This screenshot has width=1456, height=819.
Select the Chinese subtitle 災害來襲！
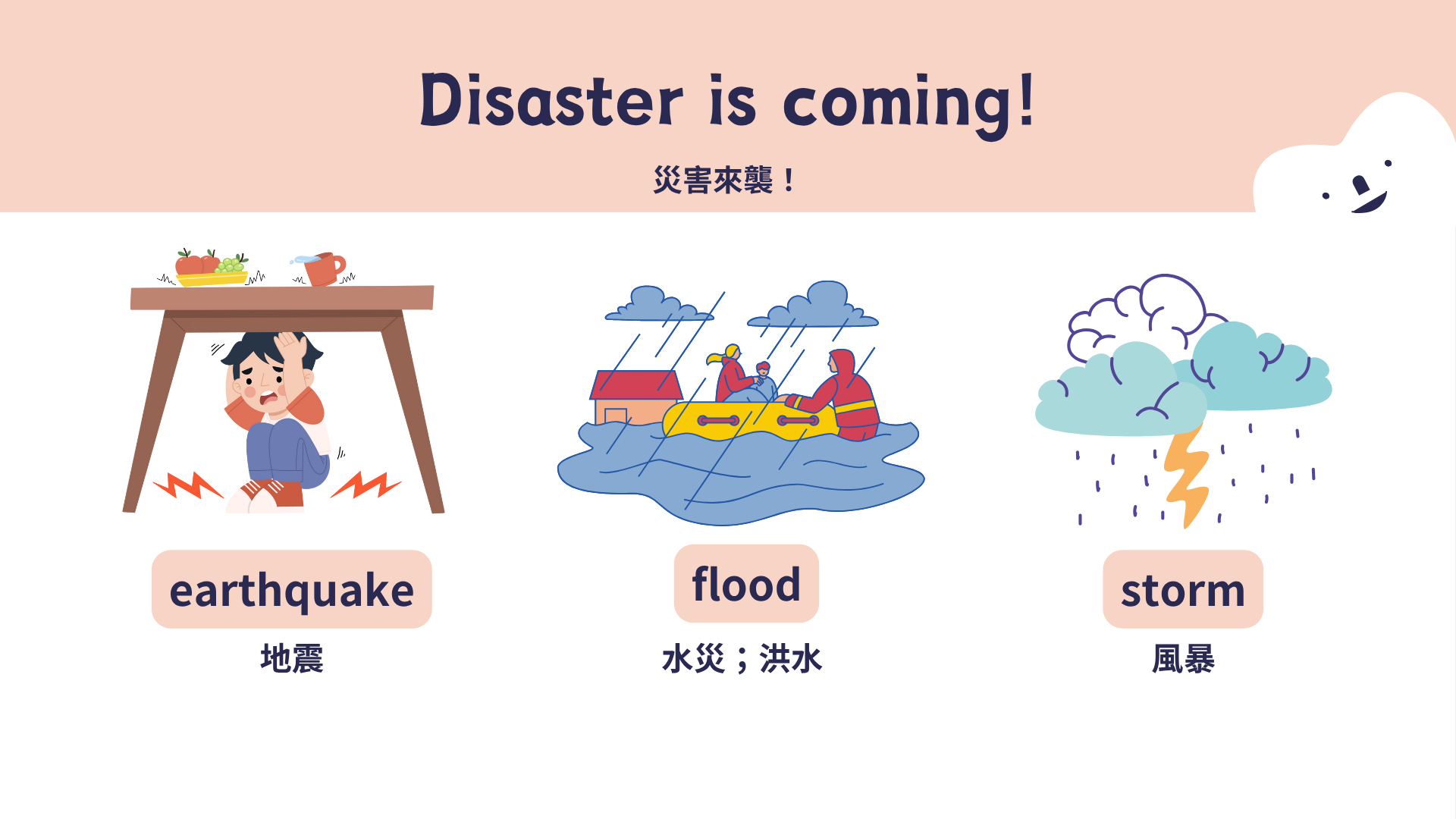pyautogui.click(x=723, y=180)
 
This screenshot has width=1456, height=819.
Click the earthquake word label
pyautogui.click(x=292, y=589)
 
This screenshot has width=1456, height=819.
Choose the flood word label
pyautogui.click(x=746, y=584)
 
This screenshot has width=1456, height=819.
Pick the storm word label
pyautogui.click(x=1183, y=589)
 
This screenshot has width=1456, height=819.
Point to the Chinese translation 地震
pyautogui.click(x=292, y=658)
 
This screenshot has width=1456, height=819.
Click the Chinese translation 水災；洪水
pyautogui.click(x=742, y=658)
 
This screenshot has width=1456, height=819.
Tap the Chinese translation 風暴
pyautogui.click(x=1183, y=658)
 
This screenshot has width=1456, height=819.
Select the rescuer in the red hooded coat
pyautogui.click(x=842, y=395)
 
